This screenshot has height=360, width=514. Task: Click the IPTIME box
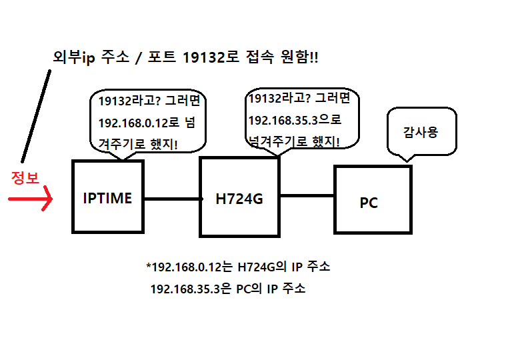point(107,198)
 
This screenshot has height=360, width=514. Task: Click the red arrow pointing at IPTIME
point(31,199)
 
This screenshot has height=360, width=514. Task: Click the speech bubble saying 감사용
point(420,132)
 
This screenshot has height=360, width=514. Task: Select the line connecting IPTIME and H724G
point(172,199)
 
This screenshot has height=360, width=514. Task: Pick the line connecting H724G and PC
point(306,196)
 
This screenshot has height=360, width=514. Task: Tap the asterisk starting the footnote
point(148,266)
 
